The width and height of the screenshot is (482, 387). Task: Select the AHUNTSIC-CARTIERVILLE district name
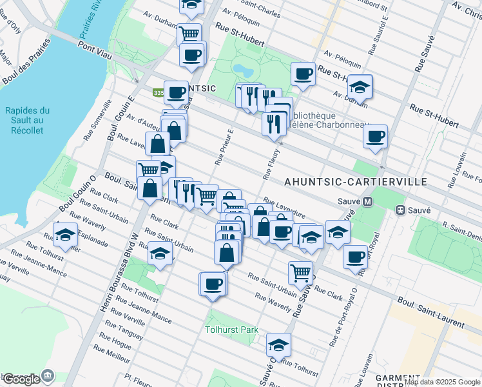point(356,182)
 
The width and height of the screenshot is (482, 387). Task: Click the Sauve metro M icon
point(368,201)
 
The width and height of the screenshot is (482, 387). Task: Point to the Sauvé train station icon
point(400,210)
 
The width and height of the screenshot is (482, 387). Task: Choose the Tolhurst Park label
point(231,330)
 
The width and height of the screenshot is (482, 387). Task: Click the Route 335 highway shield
point(158,93)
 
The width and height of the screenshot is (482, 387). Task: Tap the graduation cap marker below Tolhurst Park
point(278,344)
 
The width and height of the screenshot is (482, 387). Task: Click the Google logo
point(21,379)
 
